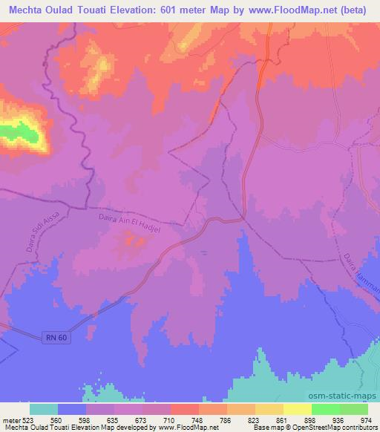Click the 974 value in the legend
coord(367,419)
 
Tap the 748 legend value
coord(197,419)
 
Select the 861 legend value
coord(282,419)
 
